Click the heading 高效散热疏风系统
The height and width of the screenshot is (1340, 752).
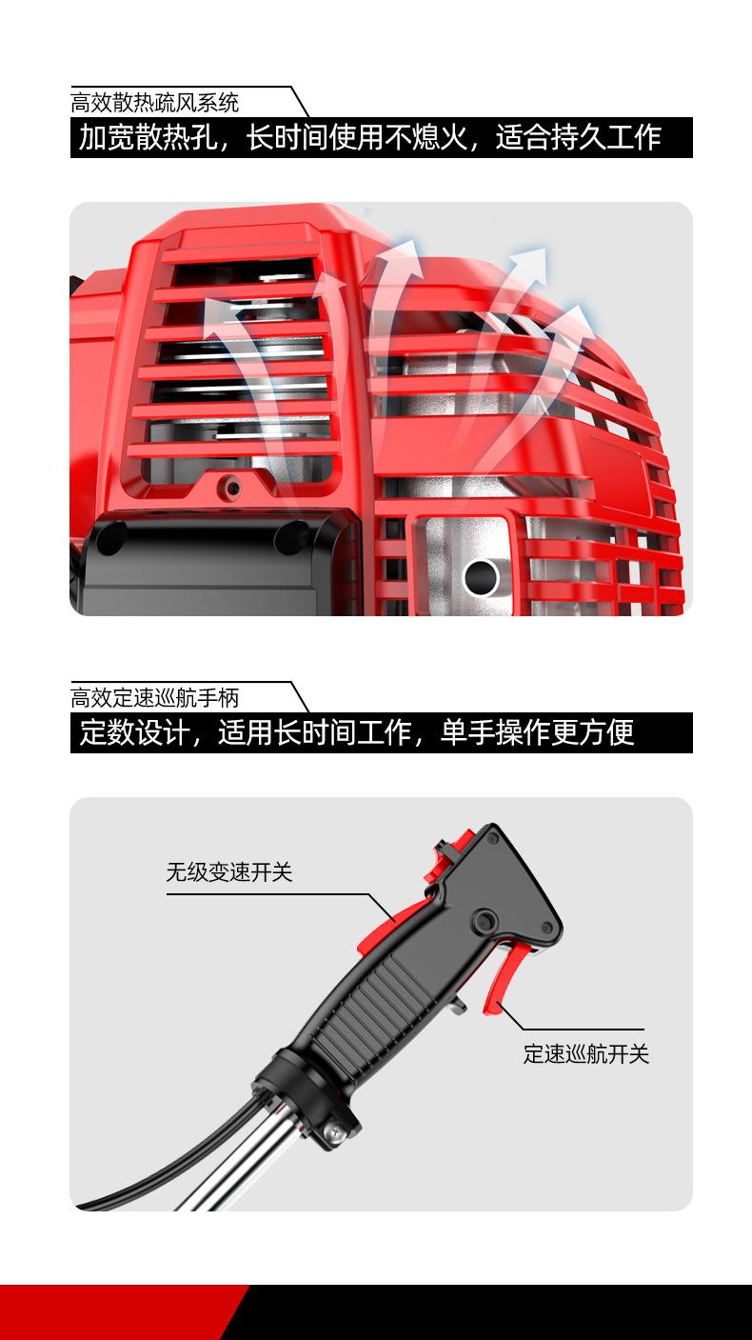click(x=155, y=102)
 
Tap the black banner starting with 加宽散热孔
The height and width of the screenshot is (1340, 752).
click(x=381, y=138)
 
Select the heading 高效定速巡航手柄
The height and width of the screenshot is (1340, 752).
click(x=155, y=697)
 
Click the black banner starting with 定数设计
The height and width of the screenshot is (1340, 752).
click(x=381, y=733)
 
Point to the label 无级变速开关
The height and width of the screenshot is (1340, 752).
click(x=228, y=871)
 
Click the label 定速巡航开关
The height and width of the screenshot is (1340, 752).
click(x=585, y=1053)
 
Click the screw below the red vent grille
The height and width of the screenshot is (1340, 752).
click(x=228, y=489)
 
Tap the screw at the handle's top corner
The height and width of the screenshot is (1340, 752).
click(x=492, y=837)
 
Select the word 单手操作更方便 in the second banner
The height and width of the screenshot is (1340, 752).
click(x=537, y=733)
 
